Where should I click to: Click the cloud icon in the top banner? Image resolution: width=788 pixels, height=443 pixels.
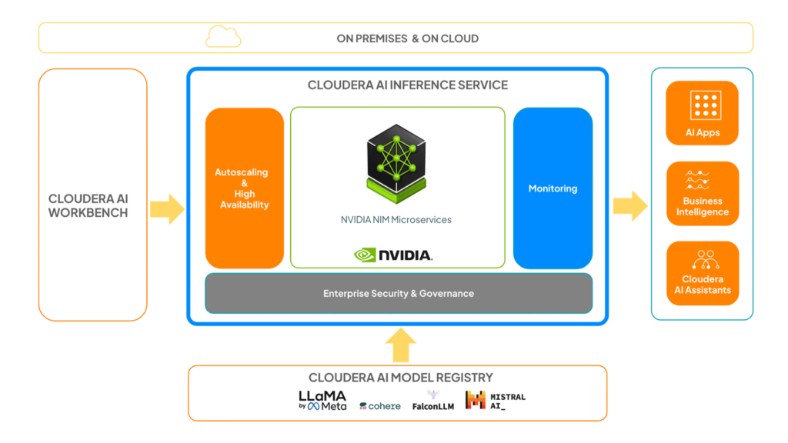point(223,37)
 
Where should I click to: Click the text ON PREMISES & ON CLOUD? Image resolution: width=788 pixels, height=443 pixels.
point(408,38)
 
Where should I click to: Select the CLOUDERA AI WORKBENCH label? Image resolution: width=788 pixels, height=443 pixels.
point(88,206)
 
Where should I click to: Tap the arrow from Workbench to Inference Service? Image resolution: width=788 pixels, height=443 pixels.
point(167,209)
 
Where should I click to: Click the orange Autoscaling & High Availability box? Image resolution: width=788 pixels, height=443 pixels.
point(245,188)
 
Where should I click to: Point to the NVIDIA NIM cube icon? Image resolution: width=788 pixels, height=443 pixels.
point(396,164)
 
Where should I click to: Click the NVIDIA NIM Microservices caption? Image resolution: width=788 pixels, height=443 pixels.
point(396,219)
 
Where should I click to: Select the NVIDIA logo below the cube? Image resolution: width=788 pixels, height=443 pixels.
point(393,255)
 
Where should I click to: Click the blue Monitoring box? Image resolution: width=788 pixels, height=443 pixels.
point(553,188)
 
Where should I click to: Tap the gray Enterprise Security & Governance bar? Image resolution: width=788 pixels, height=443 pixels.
point(399,293)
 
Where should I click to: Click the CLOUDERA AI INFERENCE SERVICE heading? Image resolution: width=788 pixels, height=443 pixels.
point(408,85)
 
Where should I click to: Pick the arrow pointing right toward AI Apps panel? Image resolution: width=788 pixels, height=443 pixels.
point(630,206)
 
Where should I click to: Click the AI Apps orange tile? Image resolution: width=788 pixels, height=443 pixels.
point(702,113)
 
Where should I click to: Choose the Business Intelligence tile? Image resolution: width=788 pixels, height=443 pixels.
point(703,193)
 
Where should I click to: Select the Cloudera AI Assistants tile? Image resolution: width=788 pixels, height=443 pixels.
point(703,273)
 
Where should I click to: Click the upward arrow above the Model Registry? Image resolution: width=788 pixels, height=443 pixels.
point(400,345)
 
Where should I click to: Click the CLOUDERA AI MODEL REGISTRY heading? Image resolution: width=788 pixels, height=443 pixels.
point(400,378)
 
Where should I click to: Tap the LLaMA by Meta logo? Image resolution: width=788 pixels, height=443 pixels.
point(322,401)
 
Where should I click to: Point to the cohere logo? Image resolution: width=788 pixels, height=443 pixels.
point(380,406)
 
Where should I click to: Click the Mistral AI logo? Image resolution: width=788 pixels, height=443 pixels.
point(496,400)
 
